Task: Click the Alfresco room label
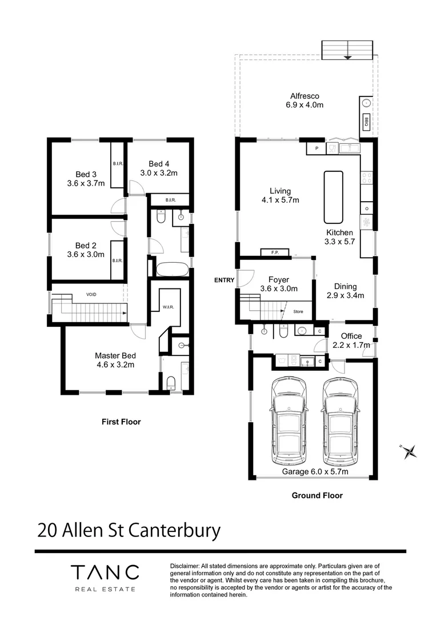coord(304,101)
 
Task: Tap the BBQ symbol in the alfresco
coord(365,122)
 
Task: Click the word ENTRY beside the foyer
coord(224,280)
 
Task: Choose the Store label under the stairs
coord(298,312)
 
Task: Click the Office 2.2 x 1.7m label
coord(351,340)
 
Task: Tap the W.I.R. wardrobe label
coord(169,307)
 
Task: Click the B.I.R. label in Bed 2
coord(118,261)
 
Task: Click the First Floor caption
coord(121,422)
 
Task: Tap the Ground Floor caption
coord(317,495)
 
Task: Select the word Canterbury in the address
coord(174,530)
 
